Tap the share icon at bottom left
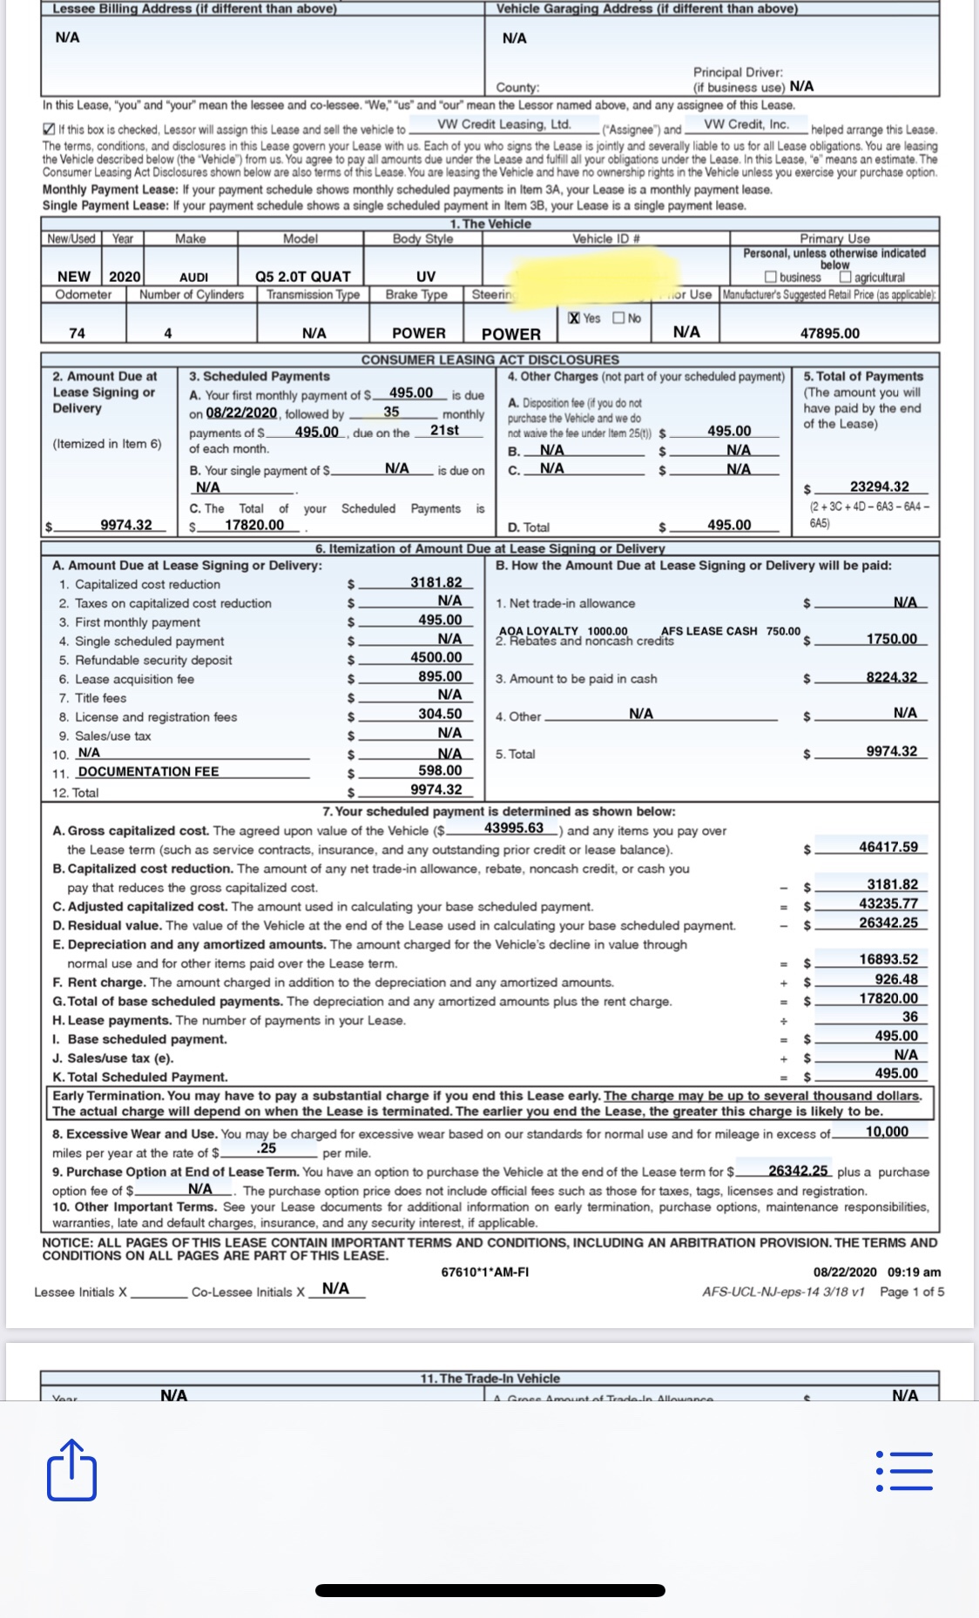[71, 1470]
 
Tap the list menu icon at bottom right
[904, 1471]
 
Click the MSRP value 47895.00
[829, 333]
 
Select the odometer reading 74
[78, 333]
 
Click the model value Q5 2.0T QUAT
[302, 277]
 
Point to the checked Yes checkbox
[574, 319]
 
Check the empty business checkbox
[770, 278]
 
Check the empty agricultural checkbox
[846, 278]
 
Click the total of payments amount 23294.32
[879, 487]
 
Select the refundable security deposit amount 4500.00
[436, 658]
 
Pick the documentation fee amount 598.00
[440, 771]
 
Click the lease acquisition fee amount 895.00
[440, 677]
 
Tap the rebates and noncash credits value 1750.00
[891, 640]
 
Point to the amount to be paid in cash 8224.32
[891, 678]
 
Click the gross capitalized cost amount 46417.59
[888, 847]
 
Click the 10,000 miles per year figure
[887, 1132]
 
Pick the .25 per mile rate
[267, 1149]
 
